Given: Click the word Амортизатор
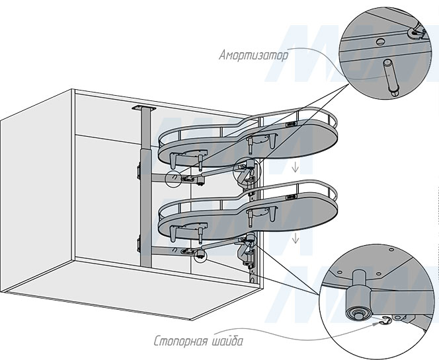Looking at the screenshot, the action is click(x=253, y=55).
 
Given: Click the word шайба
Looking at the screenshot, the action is click(x=227, y=341).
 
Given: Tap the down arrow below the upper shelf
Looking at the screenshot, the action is click(x=295, y=168).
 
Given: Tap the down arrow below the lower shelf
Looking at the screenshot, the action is click(x=295, y=238).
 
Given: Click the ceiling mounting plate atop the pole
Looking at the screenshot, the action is click(x=143, y=108).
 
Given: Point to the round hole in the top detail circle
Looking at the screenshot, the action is click(x=379, y=42).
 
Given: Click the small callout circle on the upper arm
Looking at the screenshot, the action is click(x=173, y=178).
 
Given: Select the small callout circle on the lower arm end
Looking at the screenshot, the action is click(x=200, y=255).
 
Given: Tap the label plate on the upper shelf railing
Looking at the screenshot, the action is click(x=292, y=124).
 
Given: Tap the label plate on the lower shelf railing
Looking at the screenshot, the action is click(x=292, y=198).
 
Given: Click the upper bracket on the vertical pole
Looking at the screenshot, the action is click(x=138, y=172).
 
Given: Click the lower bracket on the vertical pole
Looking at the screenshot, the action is click(x=138, y=244).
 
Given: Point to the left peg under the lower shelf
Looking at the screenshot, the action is click(x=173, y=234).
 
